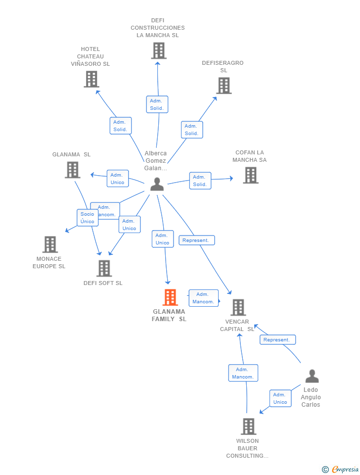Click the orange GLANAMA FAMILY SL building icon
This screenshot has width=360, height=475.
(170, 297)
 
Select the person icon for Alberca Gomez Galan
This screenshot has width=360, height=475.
(157, 184)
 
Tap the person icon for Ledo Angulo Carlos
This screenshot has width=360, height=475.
(312, 376)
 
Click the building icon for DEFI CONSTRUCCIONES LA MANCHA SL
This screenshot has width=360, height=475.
(159, 50)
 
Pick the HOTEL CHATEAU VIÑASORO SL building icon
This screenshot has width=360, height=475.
(91, 79)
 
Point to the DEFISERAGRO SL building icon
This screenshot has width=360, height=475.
(224, 86)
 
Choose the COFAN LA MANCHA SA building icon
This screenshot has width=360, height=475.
(251, 175)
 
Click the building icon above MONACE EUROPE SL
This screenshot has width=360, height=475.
(50, 244)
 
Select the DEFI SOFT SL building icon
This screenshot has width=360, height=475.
(104, 268)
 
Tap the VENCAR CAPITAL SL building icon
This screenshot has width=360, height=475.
(238, 307)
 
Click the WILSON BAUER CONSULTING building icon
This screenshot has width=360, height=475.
(249, 427)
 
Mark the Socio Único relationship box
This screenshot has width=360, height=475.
(88, 218)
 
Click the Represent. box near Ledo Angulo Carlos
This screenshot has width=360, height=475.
(277, 340)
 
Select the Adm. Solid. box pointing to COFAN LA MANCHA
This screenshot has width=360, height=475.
(200, 181)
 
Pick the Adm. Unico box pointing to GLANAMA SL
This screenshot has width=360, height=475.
(118, 179)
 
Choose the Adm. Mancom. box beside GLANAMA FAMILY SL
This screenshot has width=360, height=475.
(203, 298)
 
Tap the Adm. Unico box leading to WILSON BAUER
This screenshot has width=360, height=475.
(280, 398)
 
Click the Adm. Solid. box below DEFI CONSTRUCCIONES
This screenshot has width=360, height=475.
(157, 104)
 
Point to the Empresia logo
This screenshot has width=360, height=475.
(341, 469)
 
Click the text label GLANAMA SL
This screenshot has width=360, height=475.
(71, 154)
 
